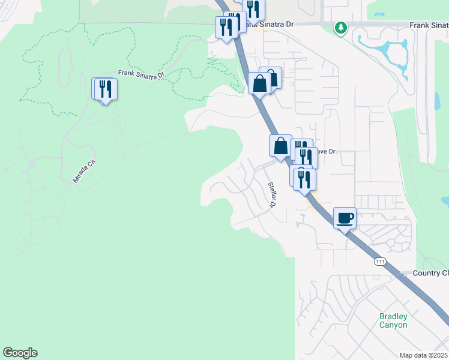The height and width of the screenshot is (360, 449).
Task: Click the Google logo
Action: pyautogui.click(x=20, y=353)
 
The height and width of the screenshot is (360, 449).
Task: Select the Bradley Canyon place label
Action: pyautogui.click(x=393, y=320)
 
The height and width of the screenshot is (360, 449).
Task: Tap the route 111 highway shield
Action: pyautogui.click(x=379, y=262)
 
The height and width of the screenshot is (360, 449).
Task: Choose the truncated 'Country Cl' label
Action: pyautogui.click(x=430, y=273)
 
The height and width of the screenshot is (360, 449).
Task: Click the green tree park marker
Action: pyautogui.click(x=341, y=28)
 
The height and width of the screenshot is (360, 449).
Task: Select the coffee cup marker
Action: pyautogui.click(x=345, y=218)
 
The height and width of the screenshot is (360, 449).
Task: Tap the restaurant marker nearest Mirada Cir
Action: pyautogui.click(x=106, y=89)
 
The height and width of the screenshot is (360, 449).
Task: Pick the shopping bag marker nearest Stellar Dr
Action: pyautogui.click(x=280, y=145)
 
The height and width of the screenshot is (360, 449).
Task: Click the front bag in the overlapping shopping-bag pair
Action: pyautogui.click(x=260, y=83)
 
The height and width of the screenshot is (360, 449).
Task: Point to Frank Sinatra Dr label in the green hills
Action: pyautogui.click(x=141, y=74)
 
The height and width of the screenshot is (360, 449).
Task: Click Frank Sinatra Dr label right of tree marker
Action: pyautogui.click(x=429, y=25)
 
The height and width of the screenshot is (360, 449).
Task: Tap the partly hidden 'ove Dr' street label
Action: pyautogui.click(x=327, y=152)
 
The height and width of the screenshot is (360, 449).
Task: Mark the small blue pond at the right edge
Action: pyautogui.click(x=445, y=201)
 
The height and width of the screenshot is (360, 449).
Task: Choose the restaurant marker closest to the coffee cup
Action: pyautogui.click(x=305, y=179)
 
